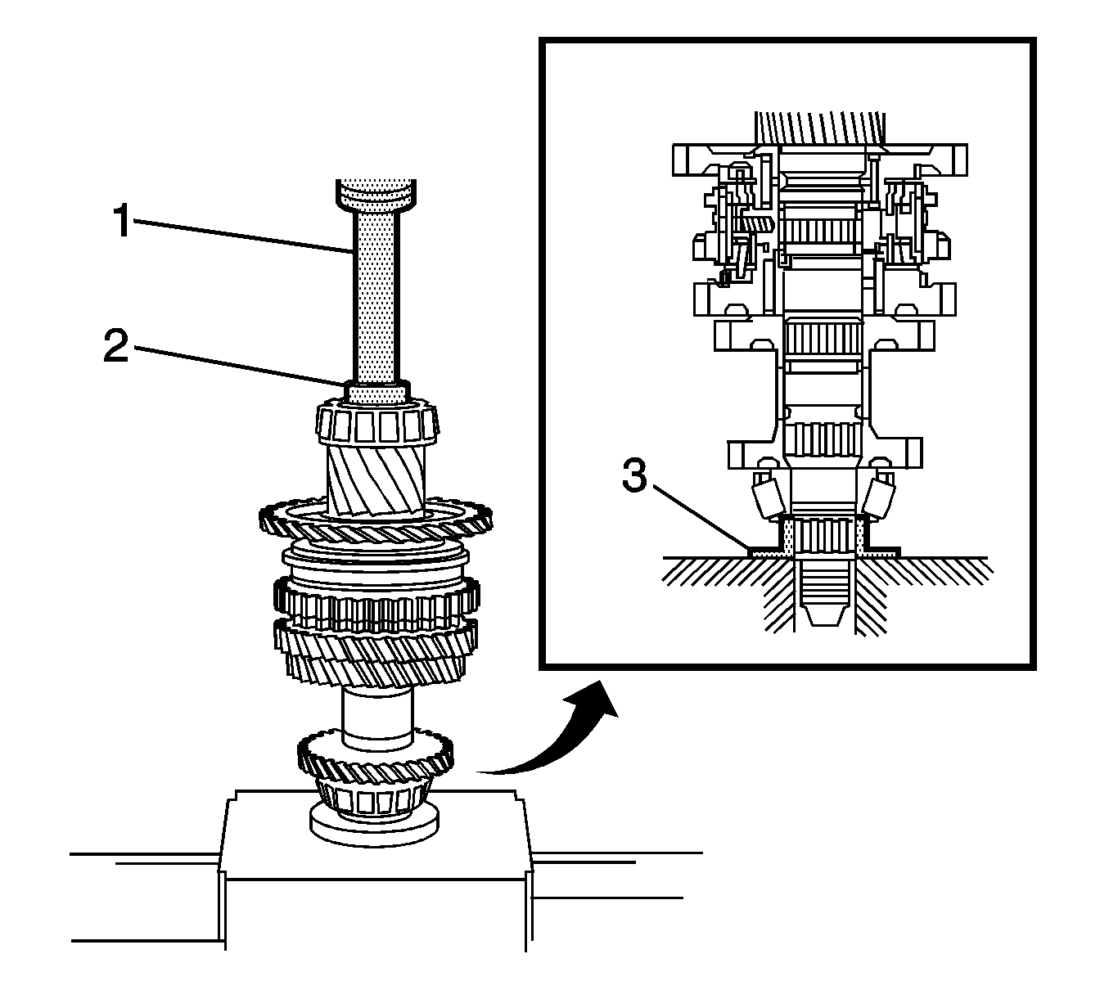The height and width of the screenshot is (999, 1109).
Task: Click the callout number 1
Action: [122, 222]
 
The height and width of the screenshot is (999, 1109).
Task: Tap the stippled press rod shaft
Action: [377, 295]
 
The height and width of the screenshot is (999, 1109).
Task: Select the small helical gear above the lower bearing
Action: [375, 759]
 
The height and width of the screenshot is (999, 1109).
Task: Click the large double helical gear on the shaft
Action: [375, 646]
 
